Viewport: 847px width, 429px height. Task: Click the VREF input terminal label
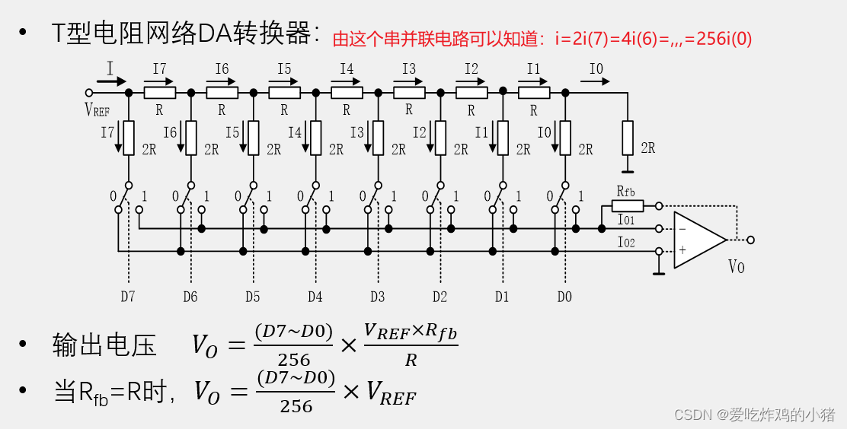[x=97, y=110]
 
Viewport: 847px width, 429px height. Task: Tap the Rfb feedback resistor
[x=628, y=205]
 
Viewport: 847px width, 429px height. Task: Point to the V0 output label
[x=737, y=267]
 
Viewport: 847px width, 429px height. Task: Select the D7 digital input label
[x=127, y=297]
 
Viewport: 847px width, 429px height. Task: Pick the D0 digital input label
[x=564, y=297]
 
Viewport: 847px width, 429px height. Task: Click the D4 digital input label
[x=315, y=297]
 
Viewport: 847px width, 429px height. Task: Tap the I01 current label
[x=627, y=221]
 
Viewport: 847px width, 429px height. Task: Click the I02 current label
[x=627, y=243]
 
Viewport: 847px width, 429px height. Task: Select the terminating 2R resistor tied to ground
[x=627, y=138]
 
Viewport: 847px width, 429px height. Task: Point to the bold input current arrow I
[x=111, y=80]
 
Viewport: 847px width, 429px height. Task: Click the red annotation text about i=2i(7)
[x=542, y=39]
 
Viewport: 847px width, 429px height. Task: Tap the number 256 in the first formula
[x=294, y=359]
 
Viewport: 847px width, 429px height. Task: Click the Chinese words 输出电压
[x=104, y=345]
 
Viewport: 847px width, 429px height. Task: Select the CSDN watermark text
[x=754, y=414]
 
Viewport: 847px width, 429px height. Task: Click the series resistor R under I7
[x=159, y=92]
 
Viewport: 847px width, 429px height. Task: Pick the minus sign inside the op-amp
[x=682, y=228]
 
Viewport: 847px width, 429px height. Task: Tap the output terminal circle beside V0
[x=751, y=240]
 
